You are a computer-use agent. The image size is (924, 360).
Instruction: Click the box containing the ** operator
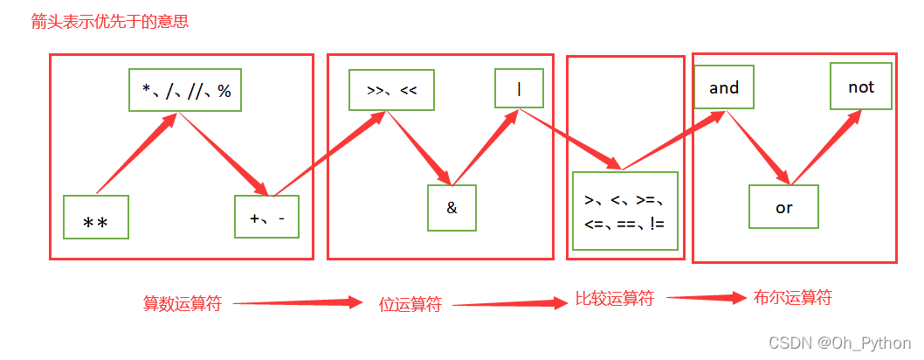[96, 218]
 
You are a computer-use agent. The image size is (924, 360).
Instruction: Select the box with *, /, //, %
[185, 90]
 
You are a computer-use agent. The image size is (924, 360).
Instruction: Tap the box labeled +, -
[266, 217]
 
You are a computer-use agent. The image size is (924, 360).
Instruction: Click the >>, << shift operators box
[391, 88]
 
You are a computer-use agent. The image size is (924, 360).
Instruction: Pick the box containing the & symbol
[452, 208]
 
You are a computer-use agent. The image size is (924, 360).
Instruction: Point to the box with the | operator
[519, 87]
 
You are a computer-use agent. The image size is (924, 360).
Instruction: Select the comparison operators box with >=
[624, 211]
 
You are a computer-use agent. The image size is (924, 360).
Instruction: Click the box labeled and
[724, 87]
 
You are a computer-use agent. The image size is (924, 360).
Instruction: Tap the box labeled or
[783, 207]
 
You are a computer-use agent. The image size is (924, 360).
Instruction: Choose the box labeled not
[860, 87]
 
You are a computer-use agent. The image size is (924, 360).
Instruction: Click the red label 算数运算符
[183, 304]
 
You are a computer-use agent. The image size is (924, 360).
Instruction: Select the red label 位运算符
[410, 305]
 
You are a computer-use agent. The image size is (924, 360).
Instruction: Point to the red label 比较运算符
[615, 299]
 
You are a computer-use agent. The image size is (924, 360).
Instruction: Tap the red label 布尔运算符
[793, 298]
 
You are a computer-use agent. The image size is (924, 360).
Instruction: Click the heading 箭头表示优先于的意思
[110, 22]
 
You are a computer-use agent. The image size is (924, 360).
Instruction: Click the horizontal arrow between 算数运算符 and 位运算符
[297, 303]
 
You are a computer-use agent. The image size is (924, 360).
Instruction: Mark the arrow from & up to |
[485, 147]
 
